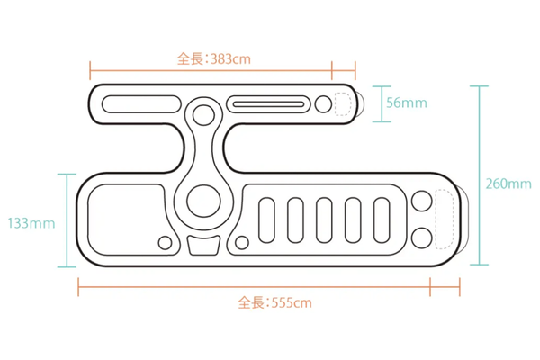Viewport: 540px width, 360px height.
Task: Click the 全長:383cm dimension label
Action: point(214,58)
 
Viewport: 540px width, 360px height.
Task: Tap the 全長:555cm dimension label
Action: point(274,302)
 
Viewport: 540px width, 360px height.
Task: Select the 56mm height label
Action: point(407,103)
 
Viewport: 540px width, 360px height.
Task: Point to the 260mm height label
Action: point(508,184)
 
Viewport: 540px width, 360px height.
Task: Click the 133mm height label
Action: point(31,223)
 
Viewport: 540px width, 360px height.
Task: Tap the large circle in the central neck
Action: point(203,201)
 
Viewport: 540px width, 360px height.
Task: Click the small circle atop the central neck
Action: point(203,114)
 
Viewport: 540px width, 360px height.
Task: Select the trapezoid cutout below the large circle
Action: point(203,246)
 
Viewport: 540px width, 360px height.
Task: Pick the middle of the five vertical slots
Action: point(324,220)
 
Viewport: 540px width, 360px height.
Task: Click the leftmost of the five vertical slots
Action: point(266,220)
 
